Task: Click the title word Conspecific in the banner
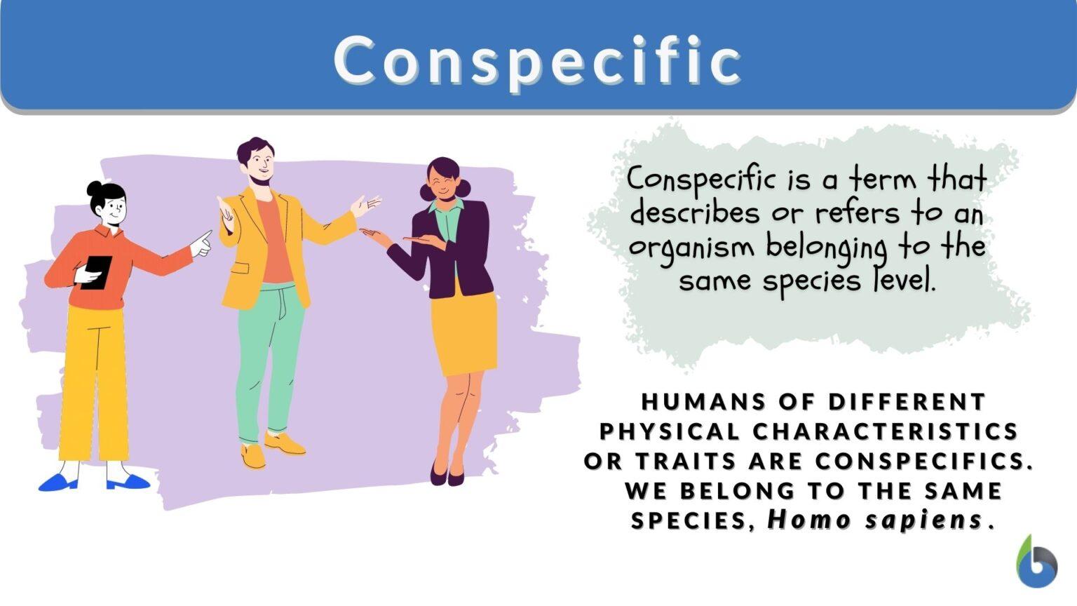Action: [537, 60]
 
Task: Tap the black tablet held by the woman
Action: [96, 272]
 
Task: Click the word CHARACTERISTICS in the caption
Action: [886, 431]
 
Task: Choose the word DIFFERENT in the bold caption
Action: [907, 402]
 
